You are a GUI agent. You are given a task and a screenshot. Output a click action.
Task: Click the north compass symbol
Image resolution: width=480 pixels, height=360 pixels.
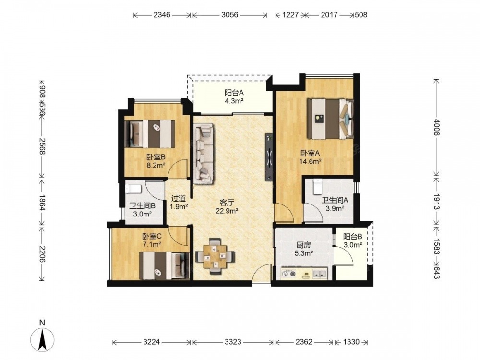click(43, 339)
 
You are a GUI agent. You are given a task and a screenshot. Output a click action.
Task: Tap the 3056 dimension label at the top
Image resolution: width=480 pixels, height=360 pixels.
click(229, 15)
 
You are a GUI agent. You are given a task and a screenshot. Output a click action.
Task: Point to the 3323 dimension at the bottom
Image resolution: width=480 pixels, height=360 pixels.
click(233, 342)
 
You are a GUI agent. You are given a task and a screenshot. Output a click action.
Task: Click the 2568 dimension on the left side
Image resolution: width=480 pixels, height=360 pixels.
click(43, 146)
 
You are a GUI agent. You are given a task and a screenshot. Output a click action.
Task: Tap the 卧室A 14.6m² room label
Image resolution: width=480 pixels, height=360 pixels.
click(310, 157)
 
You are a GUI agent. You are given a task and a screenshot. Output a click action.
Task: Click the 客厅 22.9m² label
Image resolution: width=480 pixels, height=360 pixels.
click(227, 206)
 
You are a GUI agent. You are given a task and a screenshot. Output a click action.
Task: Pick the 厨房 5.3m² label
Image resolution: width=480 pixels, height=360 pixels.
click(304, 249)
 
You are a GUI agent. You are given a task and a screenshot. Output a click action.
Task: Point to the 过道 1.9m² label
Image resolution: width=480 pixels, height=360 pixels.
click(179, 203)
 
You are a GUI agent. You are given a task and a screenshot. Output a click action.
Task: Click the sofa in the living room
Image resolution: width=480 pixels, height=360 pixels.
click(203, 154)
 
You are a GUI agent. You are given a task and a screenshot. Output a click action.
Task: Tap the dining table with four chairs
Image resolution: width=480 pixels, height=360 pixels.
click(216, 256)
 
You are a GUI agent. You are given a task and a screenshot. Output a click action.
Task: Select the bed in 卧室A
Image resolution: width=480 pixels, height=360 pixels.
click(331, 119)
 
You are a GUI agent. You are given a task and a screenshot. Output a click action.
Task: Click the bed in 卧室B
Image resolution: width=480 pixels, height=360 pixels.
click(150, 134)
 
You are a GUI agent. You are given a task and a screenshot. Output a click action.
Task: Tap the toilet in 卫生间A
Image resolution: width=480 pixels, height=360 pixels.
click(317, 186)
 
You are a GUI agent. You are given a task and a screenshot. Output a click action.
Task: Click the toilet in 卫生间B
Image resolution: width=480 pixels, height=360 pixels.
click(133, 189)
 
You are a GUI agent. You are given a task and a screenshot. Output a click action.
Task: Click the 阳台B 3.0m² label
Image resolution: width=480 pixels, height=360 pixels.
click(353, 240)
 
